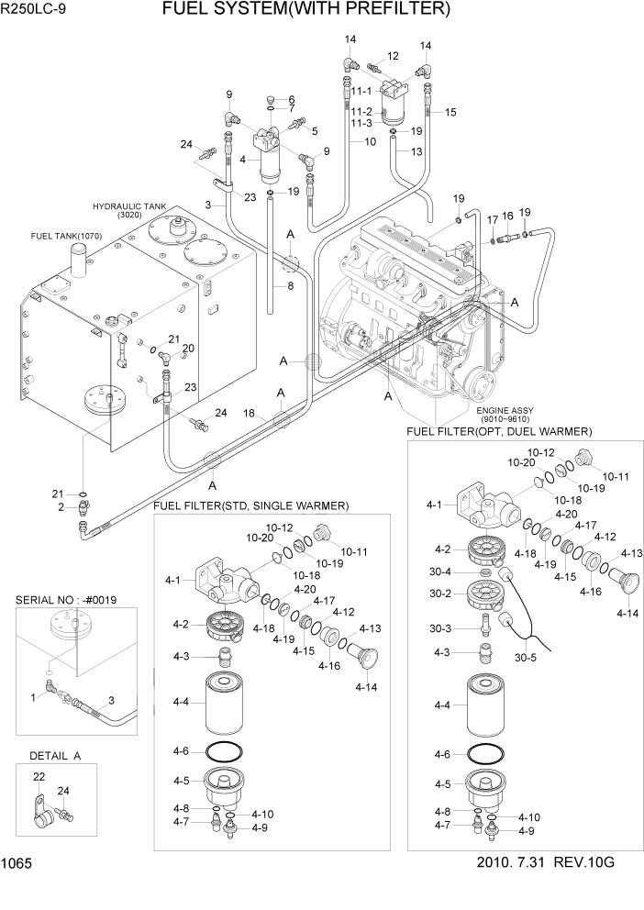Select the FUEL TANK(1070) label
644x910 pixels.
(x=66, y=236)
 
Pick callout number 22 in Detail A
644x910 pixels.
(x=39, y=777)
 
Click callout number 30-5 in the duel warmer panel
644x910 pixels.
(x=526, y=657)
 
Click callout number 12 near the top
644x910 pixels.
(x=393, y=57)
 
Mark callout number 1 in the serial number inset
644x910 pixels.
(x=35, y=697)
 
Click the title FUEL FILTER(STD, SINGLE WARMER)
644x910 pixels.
(x=251, y=505)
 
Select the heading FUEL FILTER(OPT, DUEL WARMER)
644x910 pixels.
(x=500, y=431)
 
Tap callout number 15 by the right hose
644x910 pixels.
(x=450, y=112)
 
